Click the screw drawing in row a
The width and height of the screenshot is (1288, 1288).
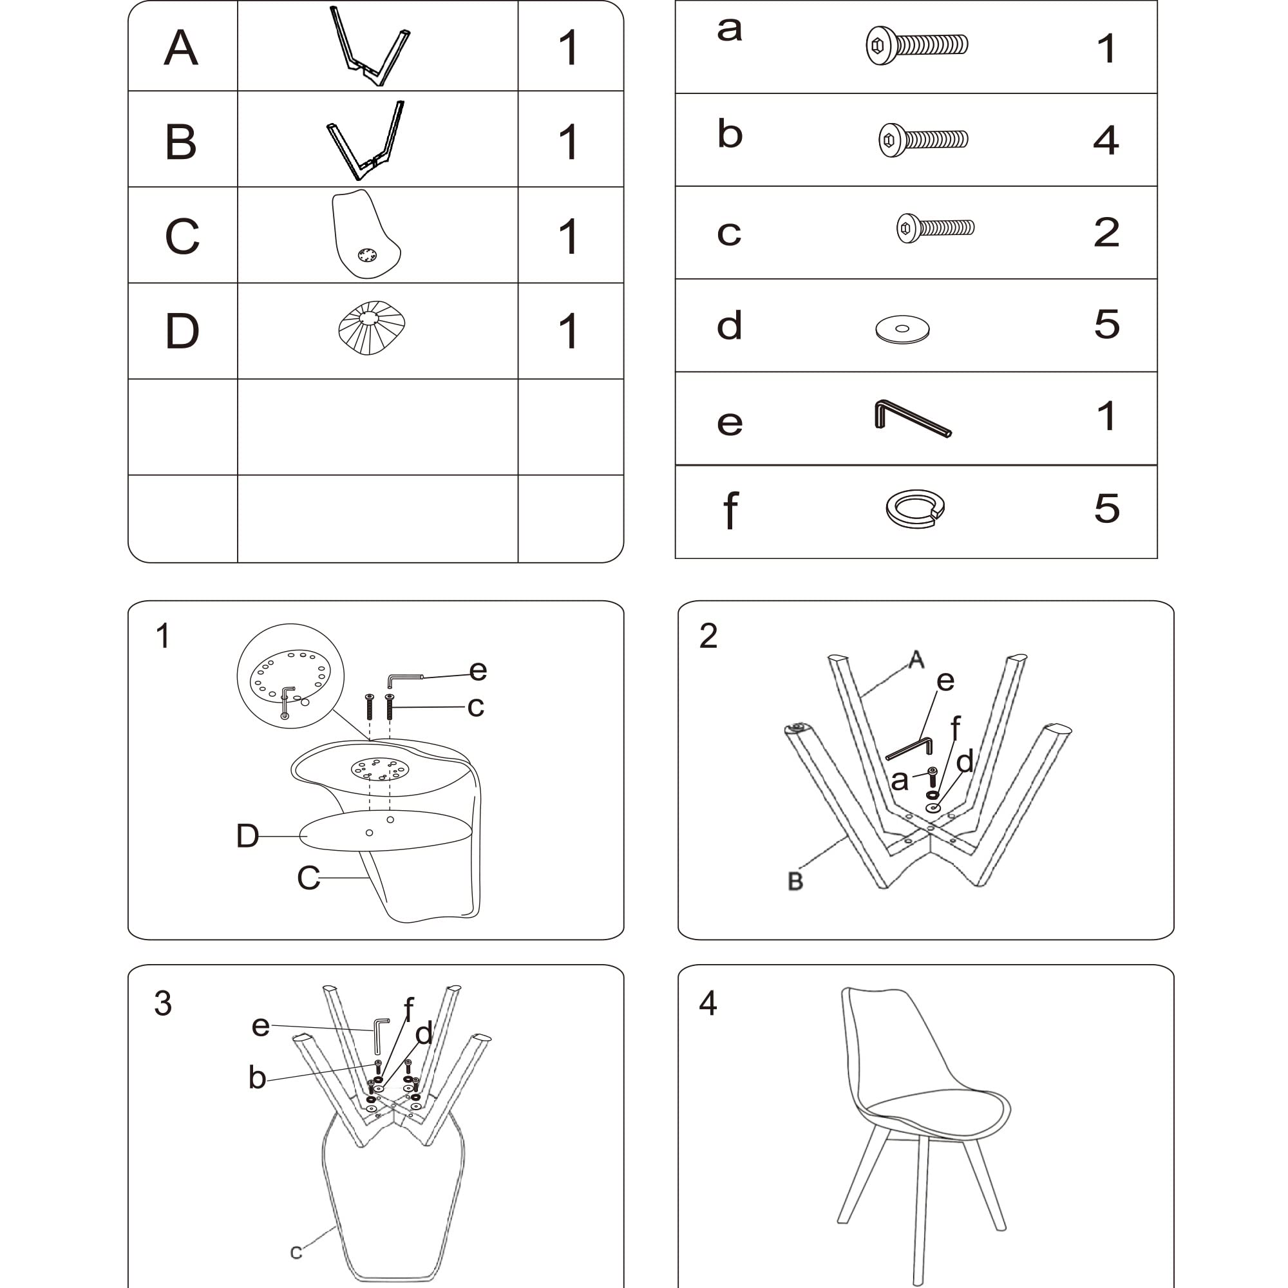[x=916, y=45]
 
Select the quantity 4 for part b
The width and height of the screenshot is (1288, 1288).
[x=1106, y=140]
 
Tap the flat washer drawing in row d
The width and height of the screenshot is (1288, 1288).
[x=902, y=329]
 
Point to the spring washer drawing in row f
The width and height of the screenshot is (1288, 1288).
[x=914, y=509]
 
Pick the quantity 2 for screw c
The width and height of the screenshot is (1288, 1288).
[x=1106, y=232]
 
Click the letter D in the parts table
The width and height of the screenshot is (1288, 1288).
[x=182, y=331]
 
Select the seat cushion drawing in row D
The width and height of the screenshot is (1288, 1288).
[x=372, y=328]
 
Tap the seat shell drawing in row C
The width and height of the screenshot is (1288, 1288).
[x=365, y=233]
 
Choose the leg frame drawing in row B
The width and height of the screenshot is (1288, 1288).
[x=365, y=140]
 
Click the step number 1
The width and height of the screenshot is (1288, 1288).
[x=163, y=636]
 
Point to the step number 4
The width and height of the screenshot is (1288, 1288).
[x=708, y=1003]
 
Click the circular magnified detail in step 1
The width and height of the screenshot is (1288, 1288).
[x=290, y=676]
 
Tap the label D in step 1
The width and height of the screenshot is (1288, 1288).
[x=247, y=835]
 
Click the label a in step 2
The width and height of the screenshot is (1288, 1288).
[x=899, y=781]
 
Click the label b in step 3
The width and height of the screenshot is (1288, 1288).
[x=258, y=1077]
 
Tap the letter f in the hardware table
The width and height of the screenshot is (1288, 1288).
[x=731, y=510]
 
